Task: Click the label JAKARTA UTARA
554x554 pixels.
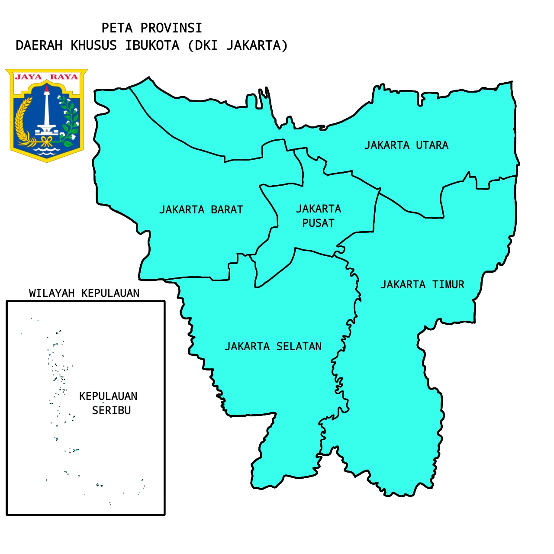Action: [406, 145]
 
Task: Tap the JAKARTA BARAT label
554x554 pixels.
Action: [201, 209]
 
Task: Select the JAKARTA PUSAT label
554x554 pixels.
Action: [319, 216]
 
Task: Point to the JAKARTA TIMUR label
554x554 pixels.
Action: [422, 284]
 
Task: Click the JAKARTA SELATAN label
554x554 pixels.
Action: [273, 346]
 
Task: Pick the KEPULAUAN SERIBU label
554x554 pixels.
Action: [109, 403]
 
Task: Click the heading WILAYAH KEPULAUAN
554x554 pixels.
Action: [84, 293]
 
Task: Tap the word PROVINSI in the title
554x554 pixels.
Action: [171, 28]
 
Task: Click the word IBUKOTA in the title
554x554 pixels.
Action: [152, 45]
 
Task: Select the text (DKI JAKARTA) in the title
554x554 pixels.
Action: [238, 45]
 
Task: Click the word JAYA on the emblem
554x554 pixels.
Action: [29, 77]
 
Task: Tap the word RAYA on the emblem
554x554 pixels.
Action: [64, 77]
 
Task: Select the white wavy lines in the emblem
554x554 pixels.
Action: [47, 151]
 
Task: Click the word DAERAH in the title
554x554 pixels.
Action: [39, 45]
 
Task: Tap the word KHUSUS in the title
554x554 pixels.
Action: [93, 45]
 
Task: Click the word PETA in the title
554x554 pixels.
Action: [117, 28]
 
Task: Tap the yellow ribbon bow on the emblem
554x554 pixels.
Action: [47, 140]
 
